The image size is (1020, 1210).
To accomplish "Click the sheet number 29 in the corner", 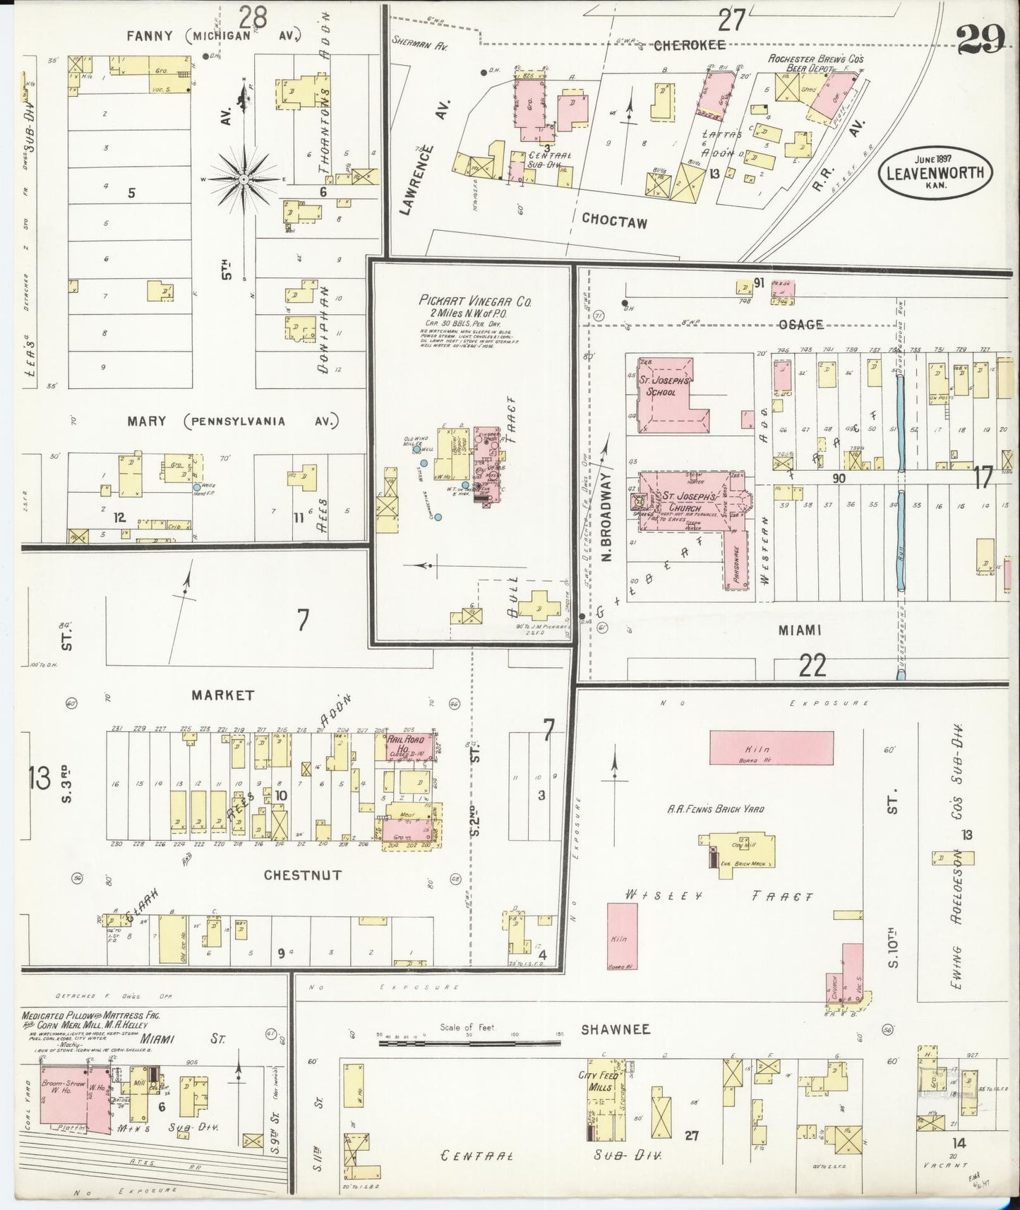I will pos(980,42).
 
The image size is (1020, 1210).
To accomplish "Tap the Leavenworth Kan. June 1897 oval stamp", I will pos(935,171).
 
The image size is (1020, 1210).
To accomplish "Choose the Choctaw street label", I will pos(613,220).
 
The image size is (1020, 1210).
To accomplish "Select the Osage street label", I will pos(800,325).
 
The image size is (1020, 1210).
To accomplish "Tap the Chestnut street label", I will pos(302,875).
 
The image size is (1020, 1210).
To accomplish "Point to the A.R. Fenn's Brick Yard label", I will pos(715,809).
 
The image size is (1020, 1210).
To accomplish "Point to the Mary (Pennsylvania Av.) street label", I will pos(233,421).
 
